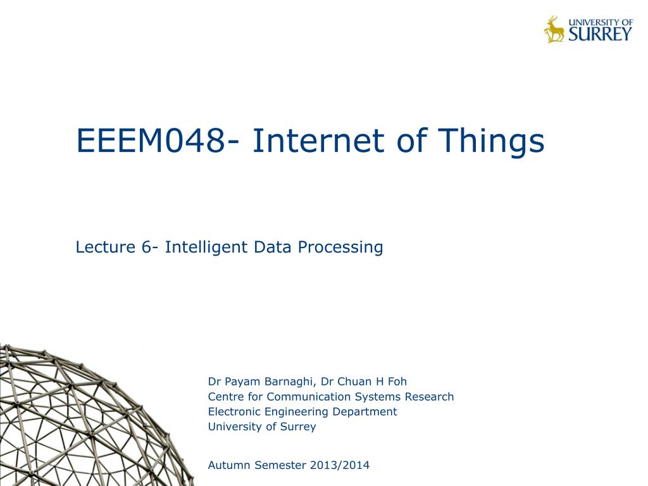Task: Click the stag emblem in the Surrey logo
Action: (x=554, y=29)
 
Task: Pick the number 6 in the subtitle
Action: (x=146, y=247)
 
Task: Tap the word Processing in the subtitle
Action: (x=340, y=247)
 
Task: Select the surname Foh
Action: (x=397, y=381)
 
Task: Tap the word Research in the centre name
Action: (x=429, y=396)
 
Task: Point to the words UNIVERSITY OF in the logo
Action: (x=601, y=22)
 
